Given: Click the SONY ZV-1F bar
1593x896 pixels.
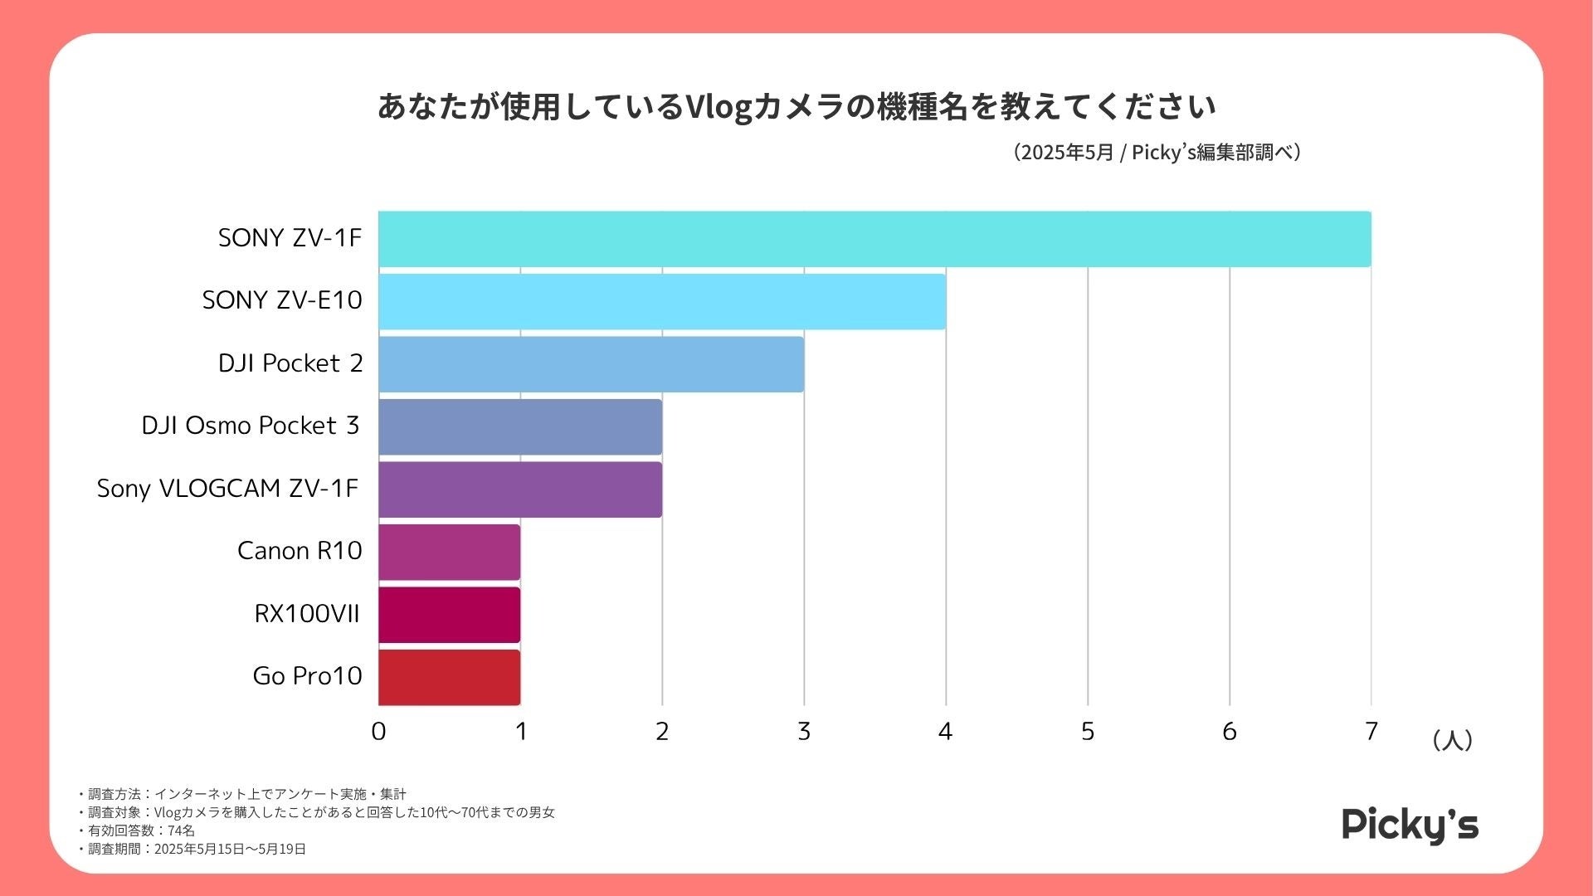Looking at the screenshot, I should [874, 239].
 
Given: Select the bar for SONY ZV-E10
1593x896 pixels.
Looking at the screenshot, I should [662, 301].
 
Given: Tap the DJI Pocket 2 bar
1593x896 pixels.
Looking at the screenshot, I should [591, 364].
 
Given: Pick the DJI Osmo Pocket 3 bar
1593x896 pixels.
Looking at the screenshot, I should [520, 426].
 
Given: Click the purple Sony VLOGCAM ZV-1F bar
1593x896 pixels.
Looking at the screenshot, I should [520, 489].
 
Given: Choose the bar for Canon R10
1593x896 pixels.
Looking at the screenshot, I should [449, 552].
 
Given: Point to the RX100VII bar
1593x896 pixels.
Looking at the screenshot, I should [449, 615].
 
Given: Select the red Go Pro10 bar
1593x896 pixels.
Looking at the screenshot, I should [449, 677].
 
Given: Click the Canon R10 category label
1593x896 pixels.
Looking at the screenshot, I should [300, 551].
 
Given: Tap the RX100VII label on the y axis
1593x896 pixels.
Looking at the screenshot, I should [307, 614].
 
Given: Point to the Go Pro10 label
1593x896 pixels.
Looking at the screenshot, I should [307, 676].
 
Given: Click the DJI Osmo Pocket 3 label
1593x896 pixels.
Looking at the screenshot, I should [250, 426].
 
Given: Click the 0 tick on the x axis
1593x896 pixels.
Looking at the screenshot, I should [378, 732].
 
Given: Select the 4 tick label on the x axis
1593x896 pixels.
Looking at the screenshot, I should [945, 732].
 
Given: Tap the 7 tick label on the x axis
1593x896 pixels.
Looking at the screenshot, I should [1371, 732].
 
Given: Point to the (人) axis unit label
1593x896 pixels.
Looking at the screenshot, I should [1452, 740].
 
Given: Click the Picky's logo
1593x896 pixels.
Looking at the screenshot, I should [1410, 825].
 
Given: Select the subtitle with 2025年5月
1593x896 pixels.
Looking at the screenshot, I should [1157, 153].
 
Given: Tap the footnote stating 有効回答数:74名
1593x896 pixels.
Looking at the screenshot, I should [138, 830].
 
